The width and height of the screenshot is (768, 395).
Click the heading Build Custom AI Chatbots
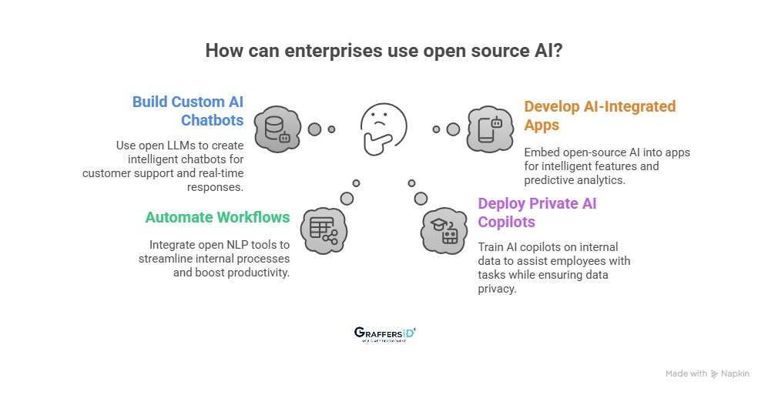[188, 111]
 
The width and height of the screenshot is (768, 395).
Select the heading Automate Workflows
[217, 217]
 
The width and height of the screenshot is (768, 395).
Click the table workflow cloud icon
[323, 229]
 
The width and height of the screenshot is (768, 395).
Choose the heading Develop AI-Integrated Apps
[599, 115]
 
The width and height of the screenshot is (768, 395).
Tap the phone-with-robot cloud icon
[491, 129]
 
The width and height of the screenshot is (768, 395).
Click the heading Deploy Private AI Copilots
[537, 213]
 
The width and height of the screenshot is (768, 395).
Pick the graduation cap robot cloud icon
[444, 229]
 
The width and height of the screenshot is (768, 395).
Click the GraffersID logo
[384, 333]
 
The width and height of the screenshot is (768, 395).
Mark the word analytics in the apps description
[601, 179]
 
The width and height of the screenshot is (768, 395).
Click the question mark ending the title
[557, 52]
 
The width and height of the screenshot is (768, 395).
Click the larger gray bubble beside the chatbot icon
[314, 129]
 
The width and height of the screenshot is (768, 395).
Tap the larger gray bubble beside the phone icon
[453, 129]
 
